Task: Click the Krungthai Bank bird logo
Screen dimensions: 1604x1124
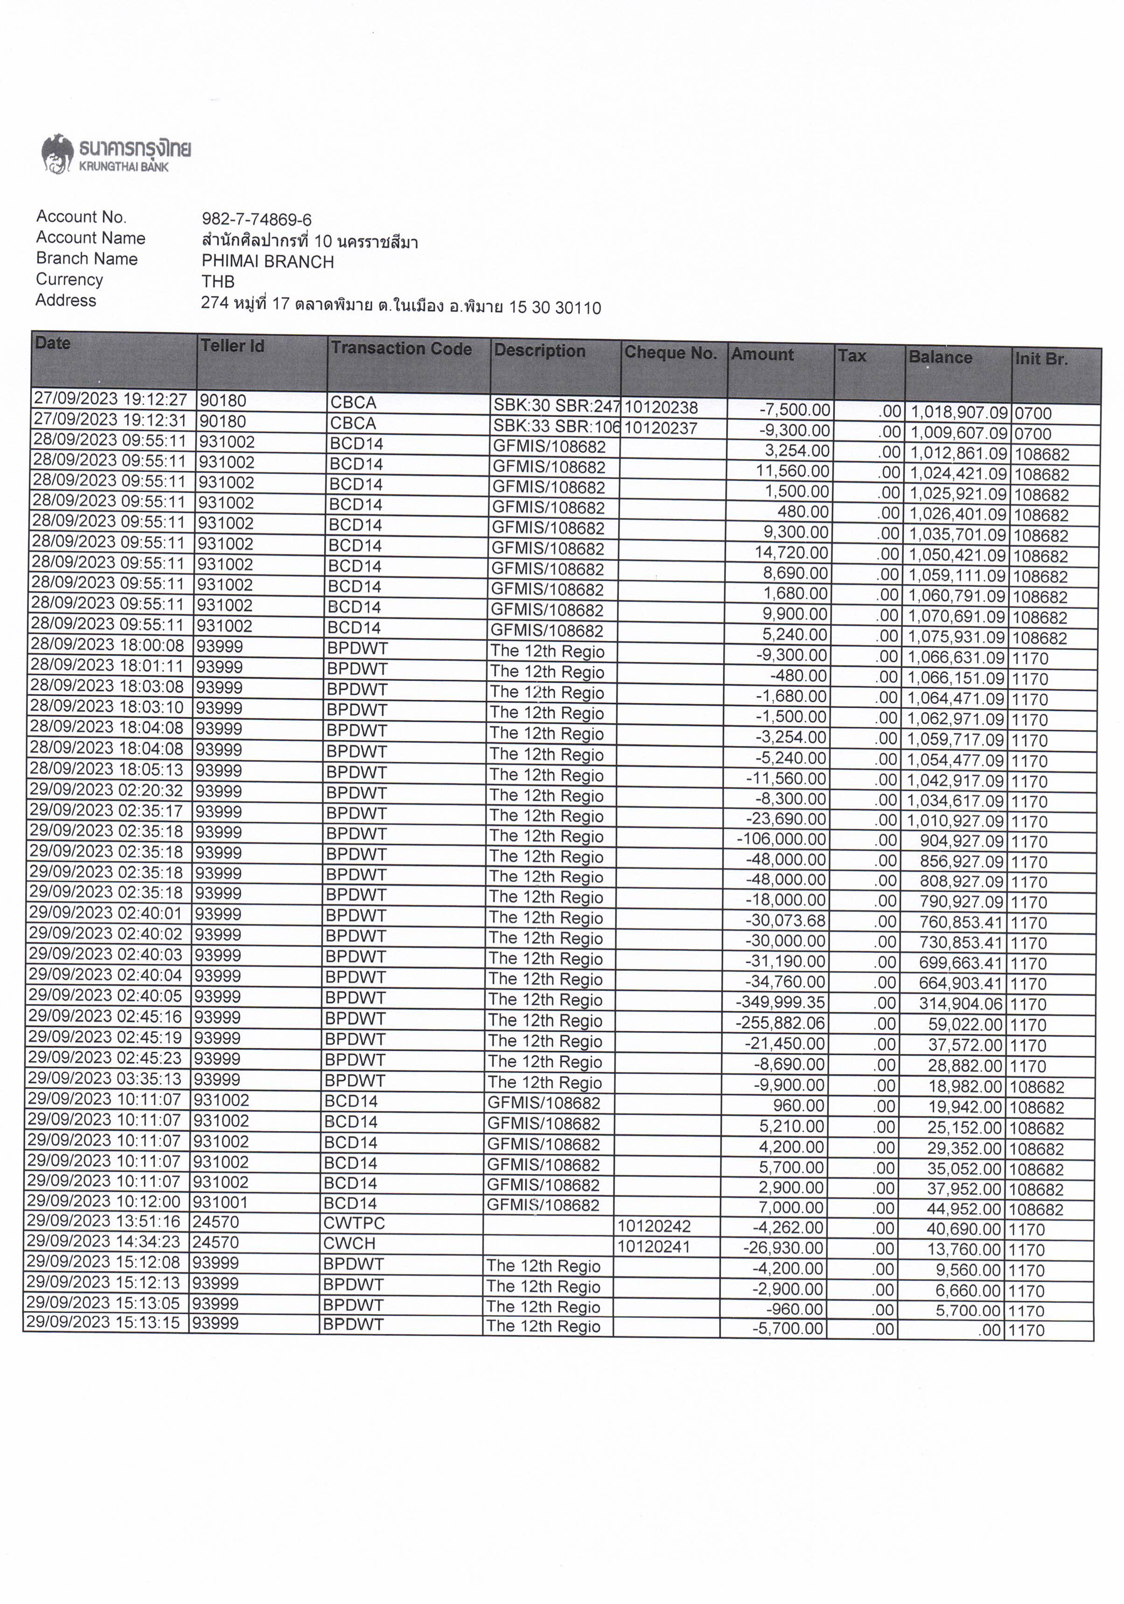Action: (57, 153)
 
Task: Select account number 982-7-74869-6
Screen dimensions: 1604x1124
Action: (256, 220)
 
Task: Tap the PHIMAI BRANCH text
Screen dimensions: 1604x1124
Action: (267, 262)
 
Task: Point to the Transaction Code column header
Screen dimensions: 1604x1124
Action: (401, 349)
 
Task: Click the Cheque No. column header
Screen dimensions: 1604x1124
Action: (670, 353)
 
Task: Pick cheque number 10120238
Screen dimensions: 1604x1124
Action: (661, 407)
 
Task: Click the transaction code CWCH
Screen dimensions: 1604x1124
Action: (349, 1244)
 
